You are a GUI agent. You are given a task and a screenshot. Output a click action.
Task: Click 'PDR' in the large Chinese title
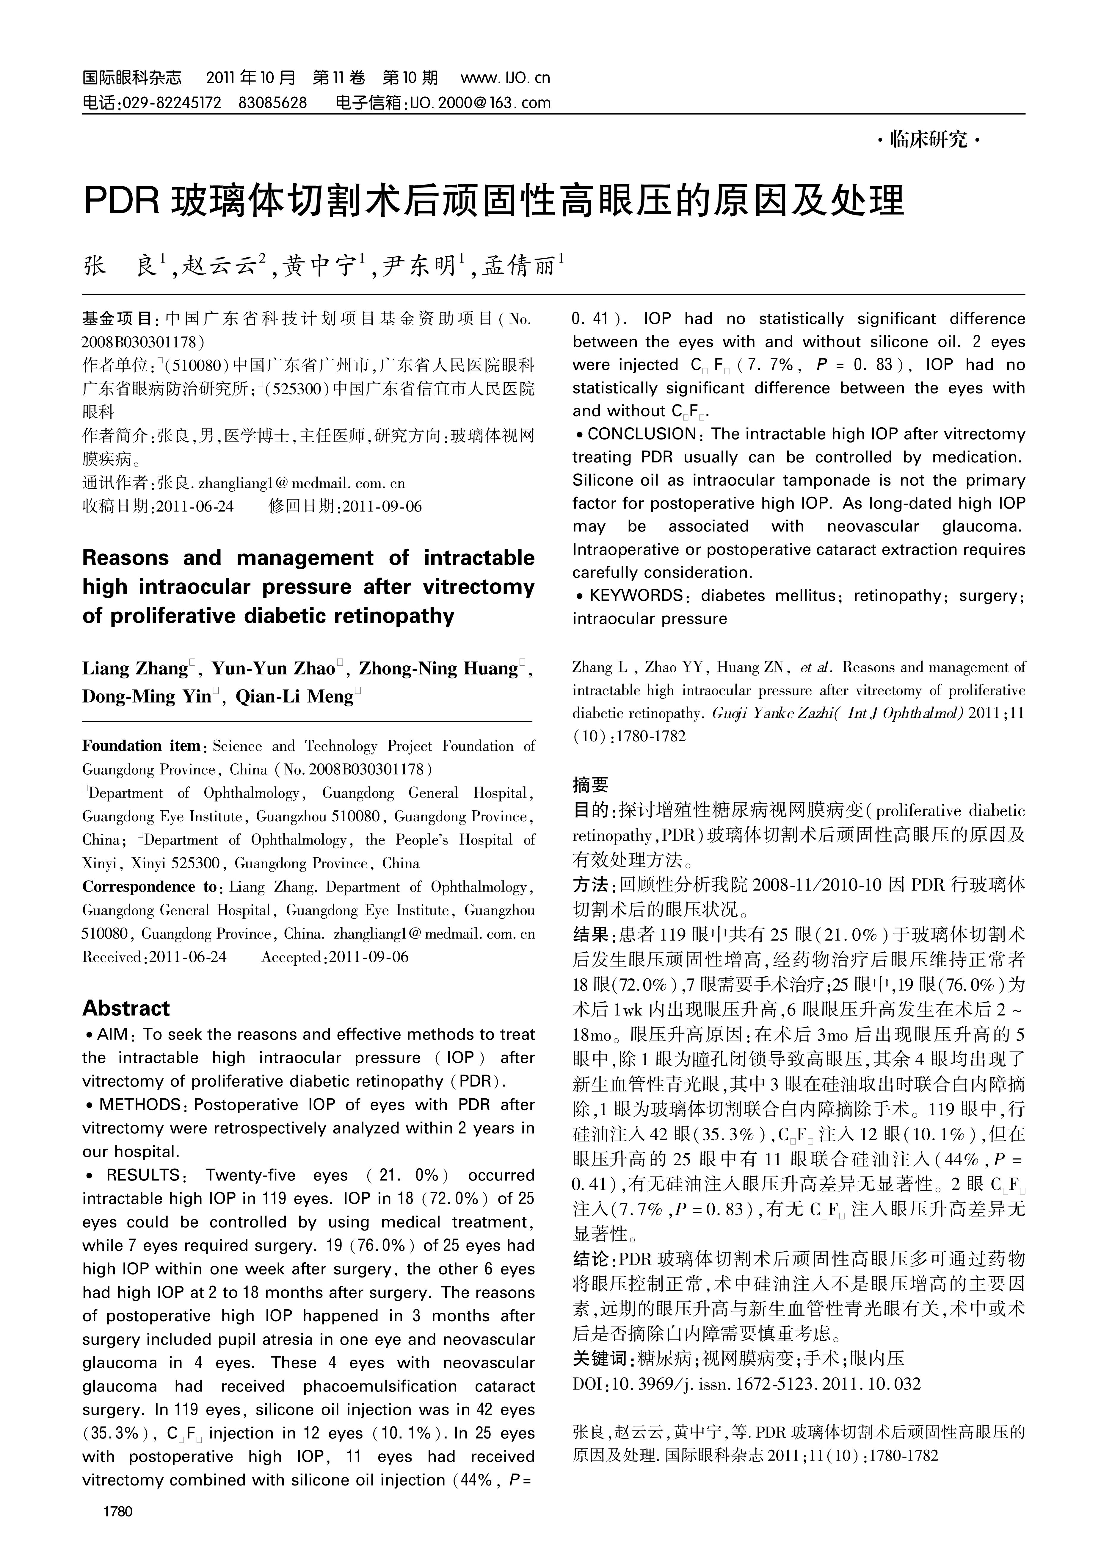pyautogui.click(x=121, y=201)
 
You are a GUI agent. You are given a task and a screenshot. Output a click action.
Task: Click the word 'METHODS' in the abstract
pyautogui.click(x=139, y=1105)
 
